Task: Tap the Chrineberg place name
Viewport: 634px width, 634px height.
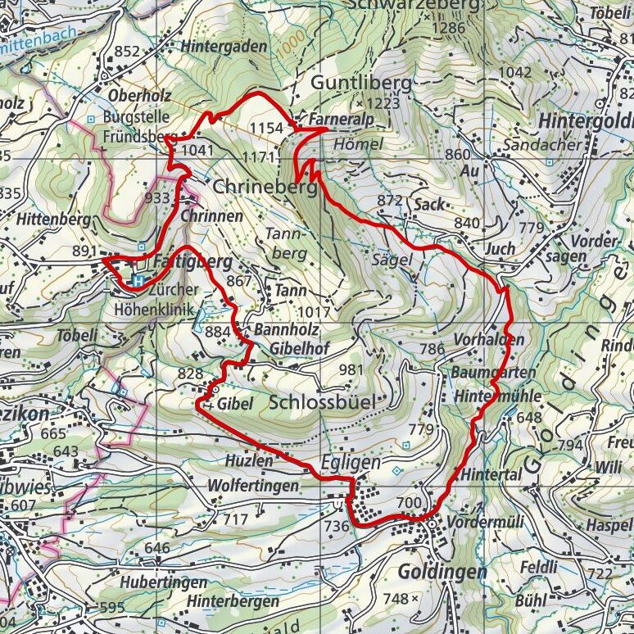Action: (x=264, y=188)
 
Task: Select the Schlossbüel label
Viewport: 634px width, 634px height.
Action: (x=322, y=402)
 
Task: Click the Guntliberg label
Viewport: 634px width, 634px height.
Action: (x=360, y=84)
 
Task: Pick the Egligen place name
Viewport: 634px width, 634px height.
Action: (x=351, y=463)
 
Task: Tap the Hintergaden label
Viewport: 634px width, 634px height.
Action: (x=224, y=47)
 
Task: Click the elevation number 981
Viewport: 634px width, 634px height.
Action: (x=350, y=370)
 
